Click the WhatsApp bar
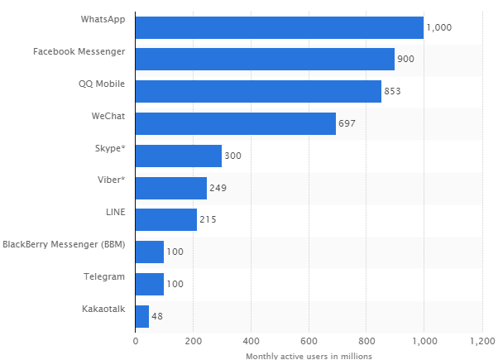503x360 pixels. [x=280, y=27]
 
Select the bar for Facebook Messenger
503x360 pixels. [x=265, y=59]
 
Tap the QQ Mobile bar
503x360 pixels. [x=258, y=91]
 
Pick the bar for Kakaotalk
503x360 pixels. [x=142, y=316]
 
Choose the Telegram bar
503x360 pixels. [x=150, y=285]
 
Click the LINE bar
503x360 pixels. [x=166, y=219]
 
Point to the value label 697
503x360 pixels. [x=347, y=123]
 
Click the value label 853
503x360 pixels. [x=392, y=91]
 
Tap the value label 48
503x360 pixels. [x=157, y=316]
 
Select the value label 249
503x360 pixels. [x=218, y=188]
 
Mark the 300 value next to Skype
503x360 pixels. [x=233, y=156]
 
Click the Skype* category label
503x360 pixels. [x=110, y=149]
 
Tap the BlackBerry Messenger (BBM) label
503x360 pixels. [x=64, y=244]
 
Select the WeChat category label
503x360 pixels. [x=108, y=116]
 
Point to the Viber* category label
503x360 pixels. [x=112, y=180]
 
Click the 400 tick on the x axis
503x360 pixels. [x=251, y=341]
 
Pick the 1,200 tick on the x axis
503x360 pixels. [x=482, y=341]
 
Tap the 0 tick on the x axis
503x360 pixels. [x=136, y=341]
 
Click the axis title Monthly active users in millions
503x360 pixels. [x=309, y=356]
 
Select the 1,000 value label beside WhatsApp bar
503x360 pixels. [x=438, y=27]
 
